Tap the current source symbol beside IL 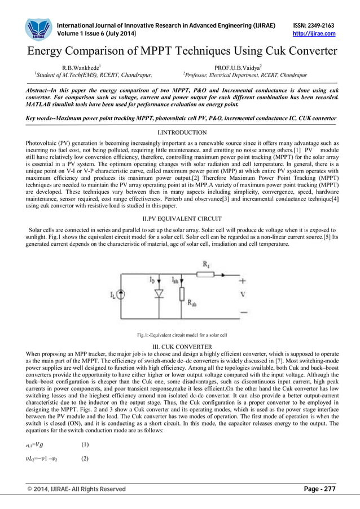(121, 294)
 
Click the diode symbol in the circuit (158, 294)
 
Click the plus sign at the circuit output (243, 280)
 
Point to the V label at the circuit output (243, 294)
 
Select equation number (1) (85, 444)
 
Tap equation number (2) (85, 458)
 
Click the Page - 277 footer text (319, 489)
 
